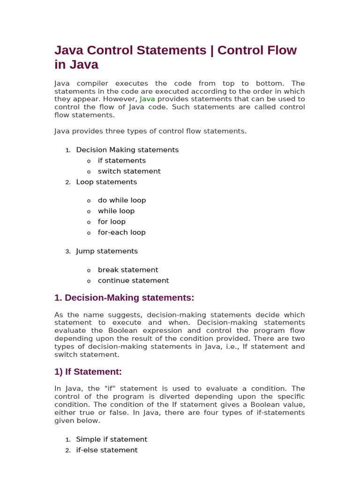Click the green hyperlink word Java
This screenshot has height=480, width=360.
(x=147, y=99)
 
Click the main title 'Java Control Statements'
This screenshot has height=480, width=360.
(x=130, y=50)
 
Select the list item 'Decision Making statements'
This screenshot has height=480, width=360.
(x=127, y=150)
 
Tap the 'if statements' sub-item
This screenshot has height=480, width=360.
(x=121, y=161)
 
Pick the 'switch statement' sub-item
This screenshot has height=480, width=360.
(x=129, y=172)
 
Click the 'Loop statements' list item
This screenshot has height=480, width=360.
(x=106, y=182)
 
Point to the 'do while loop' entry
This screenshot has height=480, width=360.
(x=121, y=200)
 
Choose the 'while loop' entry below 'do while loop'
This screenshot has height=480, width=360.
(x=116, y=211)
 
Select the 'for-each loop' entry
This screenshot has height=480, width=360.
(x=121, y=232)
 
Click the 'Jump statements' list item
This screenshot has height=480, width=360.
(x=107, y=251)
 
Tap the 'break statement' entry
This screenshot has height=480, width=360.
(x=127, y=270)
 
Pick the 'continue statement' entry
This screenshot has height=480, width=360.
(x=133, y=281)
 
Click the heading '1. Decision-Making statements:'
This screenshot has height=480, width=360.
(x=124, y=298)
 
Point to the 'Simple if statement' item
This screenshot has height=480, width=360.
(x=112, y=440)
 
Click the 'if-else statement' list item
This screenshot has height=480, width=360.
(x=107, y=450)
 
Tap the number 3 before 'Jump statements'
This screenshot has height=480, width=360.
(x=67, y=252)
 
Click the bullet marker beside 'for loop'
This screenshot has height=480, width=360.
(x=89, y=222)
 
